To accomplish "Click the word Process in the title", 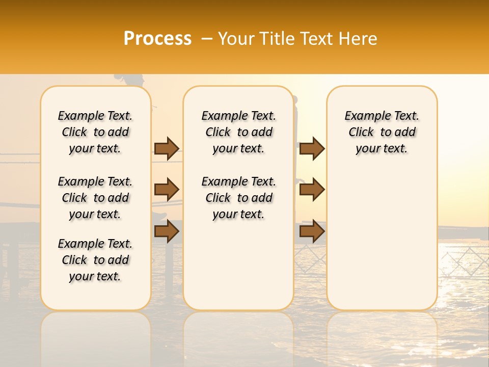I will [157, 39].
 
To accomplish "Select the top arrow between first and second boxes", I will [167, 148].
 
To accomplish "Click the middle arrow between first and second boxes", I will [167, 190].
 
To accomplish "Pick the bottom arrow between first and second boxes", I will [167, 231].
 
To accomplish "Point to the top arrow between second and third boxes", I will [312, 148].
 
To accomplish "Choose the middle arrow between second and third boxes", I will [312, 190].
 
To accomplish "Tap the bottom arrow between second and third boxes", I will [312, 231].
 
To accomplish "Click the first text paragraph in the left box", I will [95, 132].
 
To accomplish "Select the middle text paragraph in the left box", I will [95, 198].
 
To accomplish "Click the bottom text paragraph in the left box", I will [95, 260].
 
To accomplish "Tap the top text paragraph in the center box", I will [239, 132].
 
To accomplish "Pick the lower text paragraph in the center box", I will [239, 198].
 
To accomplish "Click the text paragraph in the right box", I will [382, 132].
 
